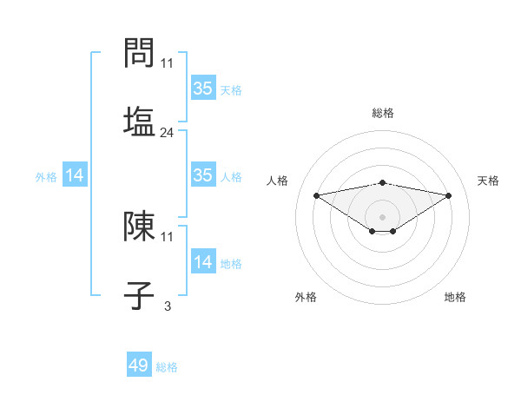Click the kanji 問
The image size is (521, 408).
click(x=139, y=54)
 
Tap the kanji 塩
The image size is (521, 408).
click(x=139, y=121)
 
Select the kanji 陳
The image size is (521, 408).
click(x=139, y=227)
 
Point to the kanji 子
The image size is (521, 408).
click(x=139, y=294)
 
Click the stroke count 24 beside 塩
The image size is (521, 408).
click(x=168, y=133)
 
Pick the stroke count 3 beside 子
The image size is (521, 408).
click(x=168, y=306)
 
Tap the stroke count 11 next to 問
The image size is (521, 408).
click(x=168, y=63)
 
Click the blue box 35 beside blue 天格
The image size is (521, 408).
click(x=202, y=88)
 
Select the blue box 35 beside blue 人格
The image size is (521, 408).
click(x=202, y=175)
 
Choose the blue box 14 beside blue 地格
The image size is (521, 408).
click(x=202, y=262)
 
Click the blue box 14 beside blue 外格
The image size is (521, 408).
click(x=75, y=175)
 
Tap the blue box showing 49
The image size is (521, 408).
click(x=139, y=365)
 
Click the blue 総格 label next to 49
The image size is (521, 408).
click(x=167, y=367)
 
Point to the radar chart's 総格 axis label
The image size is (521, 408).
click(x=383, y=113)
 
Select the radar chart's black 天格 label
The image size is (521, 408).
click(x=489, y=181)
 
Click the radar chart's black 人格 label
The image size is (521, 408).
click(x=278, y=181)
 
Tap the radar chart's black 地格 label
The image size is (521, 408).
click(x=455, y=297)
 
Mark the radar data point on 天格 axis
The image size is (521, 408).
click(x=449, y=195)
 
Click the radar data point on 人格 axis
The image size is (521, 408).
click(x=316, y=195)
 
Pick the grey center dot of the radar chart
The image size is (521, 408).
click(x=383, y=216)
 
